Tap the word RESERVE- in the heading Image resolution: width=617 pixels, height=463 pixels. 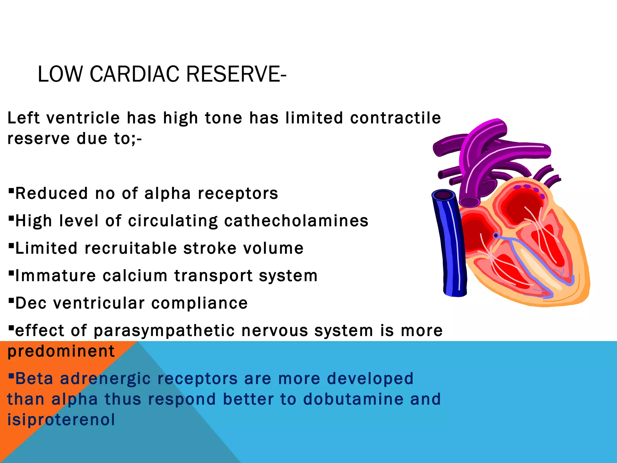click(236, 74)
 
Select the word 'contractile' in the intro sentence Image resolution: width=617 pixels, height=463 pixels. click(395, 118)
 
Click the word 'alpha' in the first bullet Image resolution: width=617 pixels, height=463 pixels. click(168, 194)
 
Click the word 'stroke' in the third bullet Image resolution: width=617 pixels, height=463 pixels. click(210, 249)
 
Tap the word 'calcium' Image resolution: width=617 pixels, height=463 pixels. click(135, 276)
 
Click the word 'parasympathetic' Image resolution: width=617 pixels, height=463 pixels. click(164, 331)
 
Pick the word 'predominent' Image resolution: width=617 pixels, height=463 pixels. click(61, 351)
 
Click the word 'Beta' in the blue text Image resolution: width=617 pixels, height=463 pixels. click(34, 379)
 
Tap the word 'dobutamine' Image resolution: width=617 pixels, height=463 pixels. click(353, 399)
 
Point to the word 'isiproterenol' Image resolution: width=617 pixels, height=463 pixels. click(61, 420)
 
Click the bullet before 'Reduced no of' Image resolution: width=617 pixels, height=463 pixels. click(11, 191)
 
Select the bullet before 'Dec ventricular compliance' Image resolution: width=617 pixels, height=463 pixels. click(11, 300)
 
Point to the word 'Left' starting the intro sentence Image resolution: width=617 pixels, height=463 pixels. click(23, 118)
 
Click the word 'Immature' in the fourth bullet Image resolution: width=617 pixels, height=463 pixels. click(55, 276)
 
